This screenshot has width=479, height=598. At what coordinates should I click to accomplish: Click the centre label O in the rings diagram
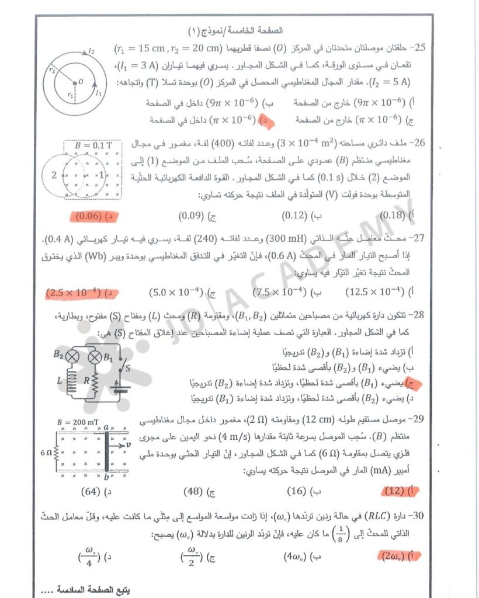coord(81,81)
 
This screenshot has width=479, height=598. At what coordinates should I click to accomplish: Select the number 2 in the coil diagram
coord(54,175)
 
